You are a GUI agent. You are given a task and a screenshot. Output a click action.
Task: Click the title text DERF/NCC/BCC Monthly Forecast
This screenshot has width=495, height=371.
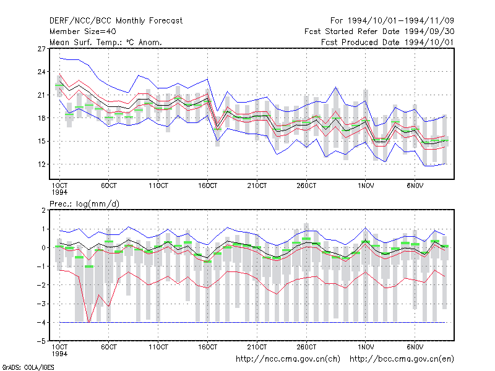point(116,21)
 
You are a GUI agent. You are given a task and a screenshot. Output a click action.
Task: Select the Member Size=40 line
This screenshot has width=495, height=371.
point(83,32)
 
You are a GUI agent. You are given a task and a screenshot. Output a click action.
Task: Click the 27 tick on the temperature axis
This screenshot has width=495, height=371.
point(41,49)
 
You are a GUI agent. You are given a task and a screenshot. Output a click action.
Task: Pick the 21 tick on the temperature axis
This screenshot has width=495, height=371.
point(41,95)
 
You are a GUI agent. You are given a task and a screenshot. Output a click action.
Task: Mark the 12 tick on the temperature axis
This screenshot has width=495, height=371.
point(41,164)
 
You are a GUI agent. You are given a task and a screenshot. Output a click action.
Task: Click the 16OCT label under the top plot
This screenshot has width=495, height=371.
point(207,185)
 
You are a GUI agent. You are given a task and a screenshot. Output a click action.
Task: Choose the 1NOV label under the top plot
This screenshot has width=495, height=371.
point(366,185)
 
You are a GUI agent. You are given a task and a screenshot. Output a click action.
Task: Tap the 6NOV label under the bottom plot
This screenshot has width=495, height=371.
point(415,347)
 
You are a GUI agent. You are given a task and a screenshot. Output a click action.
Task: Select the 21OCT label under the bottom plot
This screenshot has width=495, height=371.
point(257,347)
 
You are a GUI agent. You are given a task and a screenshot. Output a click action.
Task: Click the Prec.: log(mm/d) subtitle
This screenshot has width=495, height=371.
point(84,204)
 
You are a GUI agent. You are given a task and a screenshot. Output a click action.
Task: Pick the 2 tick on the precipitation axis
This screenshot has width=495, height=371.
point(43,210)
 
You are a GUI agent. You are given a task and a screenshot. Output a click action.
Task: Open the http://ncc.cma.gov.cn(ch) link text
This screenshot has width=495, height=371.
point(288,359)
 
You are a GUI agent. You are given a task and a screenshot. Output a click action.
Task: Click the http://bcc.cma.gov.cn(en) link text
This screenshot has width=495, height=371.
point(402,359)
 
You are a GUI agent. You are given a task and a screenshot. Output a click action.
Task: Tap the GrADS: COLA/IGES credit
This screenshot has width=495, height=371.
point(28,367)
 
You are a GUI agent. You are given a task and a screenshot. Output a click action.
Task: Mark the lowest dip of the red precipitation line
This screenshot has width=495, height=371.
point(88,322)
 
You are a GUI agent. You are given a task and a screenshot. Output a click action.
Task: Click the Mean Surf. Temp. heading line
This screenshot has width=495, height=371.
point(105,42)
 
